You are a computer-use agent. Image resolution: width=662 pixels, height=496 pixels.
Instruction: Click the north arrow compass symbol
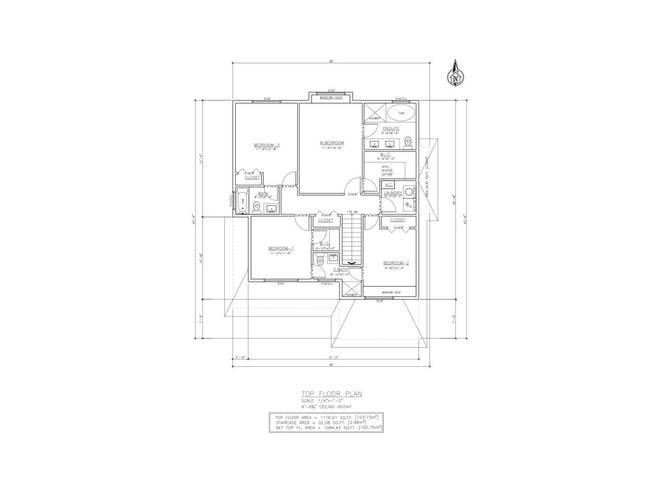click(456, 76)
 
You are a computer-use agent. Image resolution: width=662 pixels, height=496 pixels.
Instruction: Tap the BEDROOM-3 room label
click(266, 145)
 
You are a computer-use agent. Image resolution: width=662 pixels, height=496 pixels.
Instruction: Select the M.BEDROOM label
click(332, 143)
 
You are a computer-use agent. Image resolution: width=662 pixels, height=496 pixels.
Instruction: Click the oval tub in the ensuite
click(402, 113)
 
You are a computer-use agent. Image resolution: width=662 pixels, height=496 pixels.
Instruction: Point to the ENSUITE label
click(391, 129)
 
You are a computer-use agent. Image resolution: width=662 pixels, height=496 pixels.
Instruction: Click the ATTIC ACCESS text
click(387, 169)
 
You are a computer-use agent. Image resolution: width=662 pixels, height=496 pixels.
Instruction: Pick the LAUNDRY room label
click(393, 193)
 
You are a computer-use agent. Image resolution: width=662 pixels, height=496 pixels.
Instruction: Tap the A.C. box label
click(389, 185)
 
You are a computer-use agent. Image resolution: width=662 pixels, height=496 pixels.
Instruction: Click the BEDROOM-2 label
click(396, 263)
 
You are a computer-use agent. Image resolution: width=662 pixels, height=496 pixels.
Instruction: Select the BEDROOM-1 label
click(281, 248)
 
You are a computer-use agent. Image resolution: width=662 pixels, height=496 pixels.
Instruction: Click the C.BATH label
click(341, 270)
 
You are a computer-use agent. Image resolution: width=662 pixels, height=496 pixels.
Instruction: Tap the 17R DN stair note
click(352, 212)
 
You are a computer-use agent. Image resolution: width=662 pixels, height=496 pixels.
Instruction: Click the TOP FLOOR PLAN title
click(331, 394)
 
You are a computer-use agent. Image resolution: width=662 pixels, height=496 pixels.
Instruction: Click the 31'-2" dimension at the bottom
click(332, 357)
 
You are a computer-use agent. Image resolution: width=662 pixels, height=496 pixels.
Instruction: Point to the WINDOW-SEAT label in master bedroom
click(331, 98)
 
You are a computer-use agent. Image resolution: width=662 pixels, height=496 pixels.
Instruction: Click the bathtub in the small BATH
click(242, 201)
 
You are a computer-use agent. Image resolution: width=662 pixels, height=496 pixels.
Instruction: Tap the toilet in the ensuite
click(408, 141)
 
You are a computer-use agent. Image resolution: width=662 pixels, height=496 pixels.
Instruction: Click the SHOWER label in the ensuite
click(374, 118)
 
